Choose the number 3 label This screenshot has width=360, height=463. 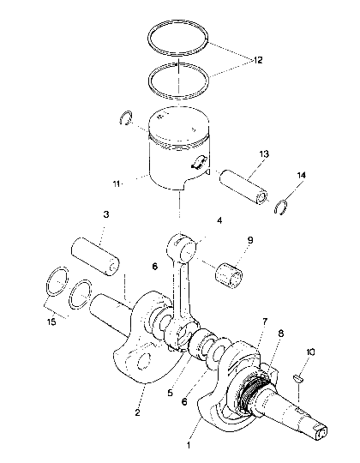click(105, 213)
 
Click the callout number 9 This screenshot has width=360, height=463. click(249, 241)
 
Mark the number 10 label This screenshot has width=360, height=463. click(310, 352)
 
